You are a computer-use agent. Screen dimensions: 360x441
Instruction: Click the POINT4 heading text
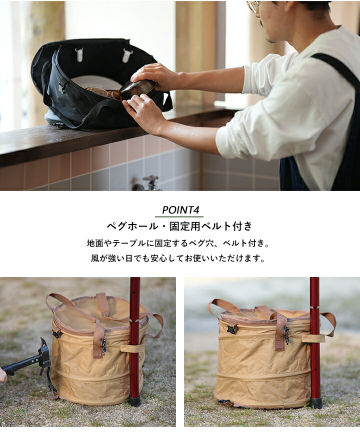tap(180, 210)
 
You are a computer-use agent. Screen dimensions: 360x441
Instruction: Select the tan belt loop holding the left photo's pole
tap(132, 348)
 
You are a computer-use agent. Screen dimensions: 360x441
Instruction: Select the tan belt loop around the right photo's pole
tap(313, 338)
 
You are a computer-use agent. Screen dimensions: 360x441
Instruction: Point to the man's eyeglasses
tap(253, 5)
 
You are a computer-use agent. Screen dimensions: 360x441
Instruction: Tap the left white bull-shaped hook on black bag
tap(79, 54)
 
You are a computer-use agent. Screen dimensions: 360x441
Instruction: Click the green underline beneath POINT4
tap(179, 217)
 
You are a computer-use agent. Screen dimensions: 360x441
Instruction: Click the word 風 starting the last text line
tap(95, 258)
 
